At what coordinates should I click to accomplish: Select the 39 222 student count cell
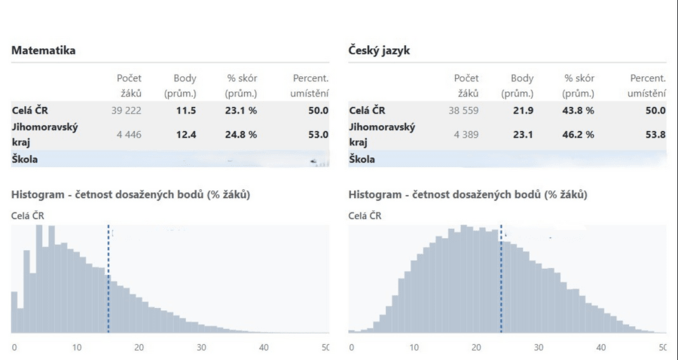click(125, 111)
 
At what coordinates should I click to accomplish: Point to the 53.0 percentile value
click(319, 135)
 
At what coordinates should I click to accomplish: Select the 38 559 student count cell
click(463, 111)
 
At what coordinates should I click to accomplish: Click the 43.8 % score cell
click(579, 111)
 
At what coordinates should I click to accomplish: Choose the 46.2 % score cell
click(579, 135)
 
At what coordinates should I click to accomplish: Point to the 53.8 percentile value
click(656, 135)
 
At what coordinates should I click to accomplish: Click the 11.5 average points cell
click(186, 111)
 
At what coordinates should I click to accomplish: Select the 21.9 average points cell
click(523, 111)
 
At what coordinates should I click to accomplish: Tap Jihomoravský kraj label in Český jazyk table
click(382, 135)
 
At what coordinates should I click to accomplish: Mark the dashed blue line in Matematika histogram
click(108, 279)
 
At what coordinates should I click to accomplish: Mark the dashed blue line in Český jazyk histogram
click(501, 279)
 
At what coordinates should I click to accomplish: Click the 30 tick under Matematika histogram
click(201, 348)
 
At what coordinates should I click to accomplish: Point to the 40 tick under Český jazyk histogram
click(600, 348)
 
